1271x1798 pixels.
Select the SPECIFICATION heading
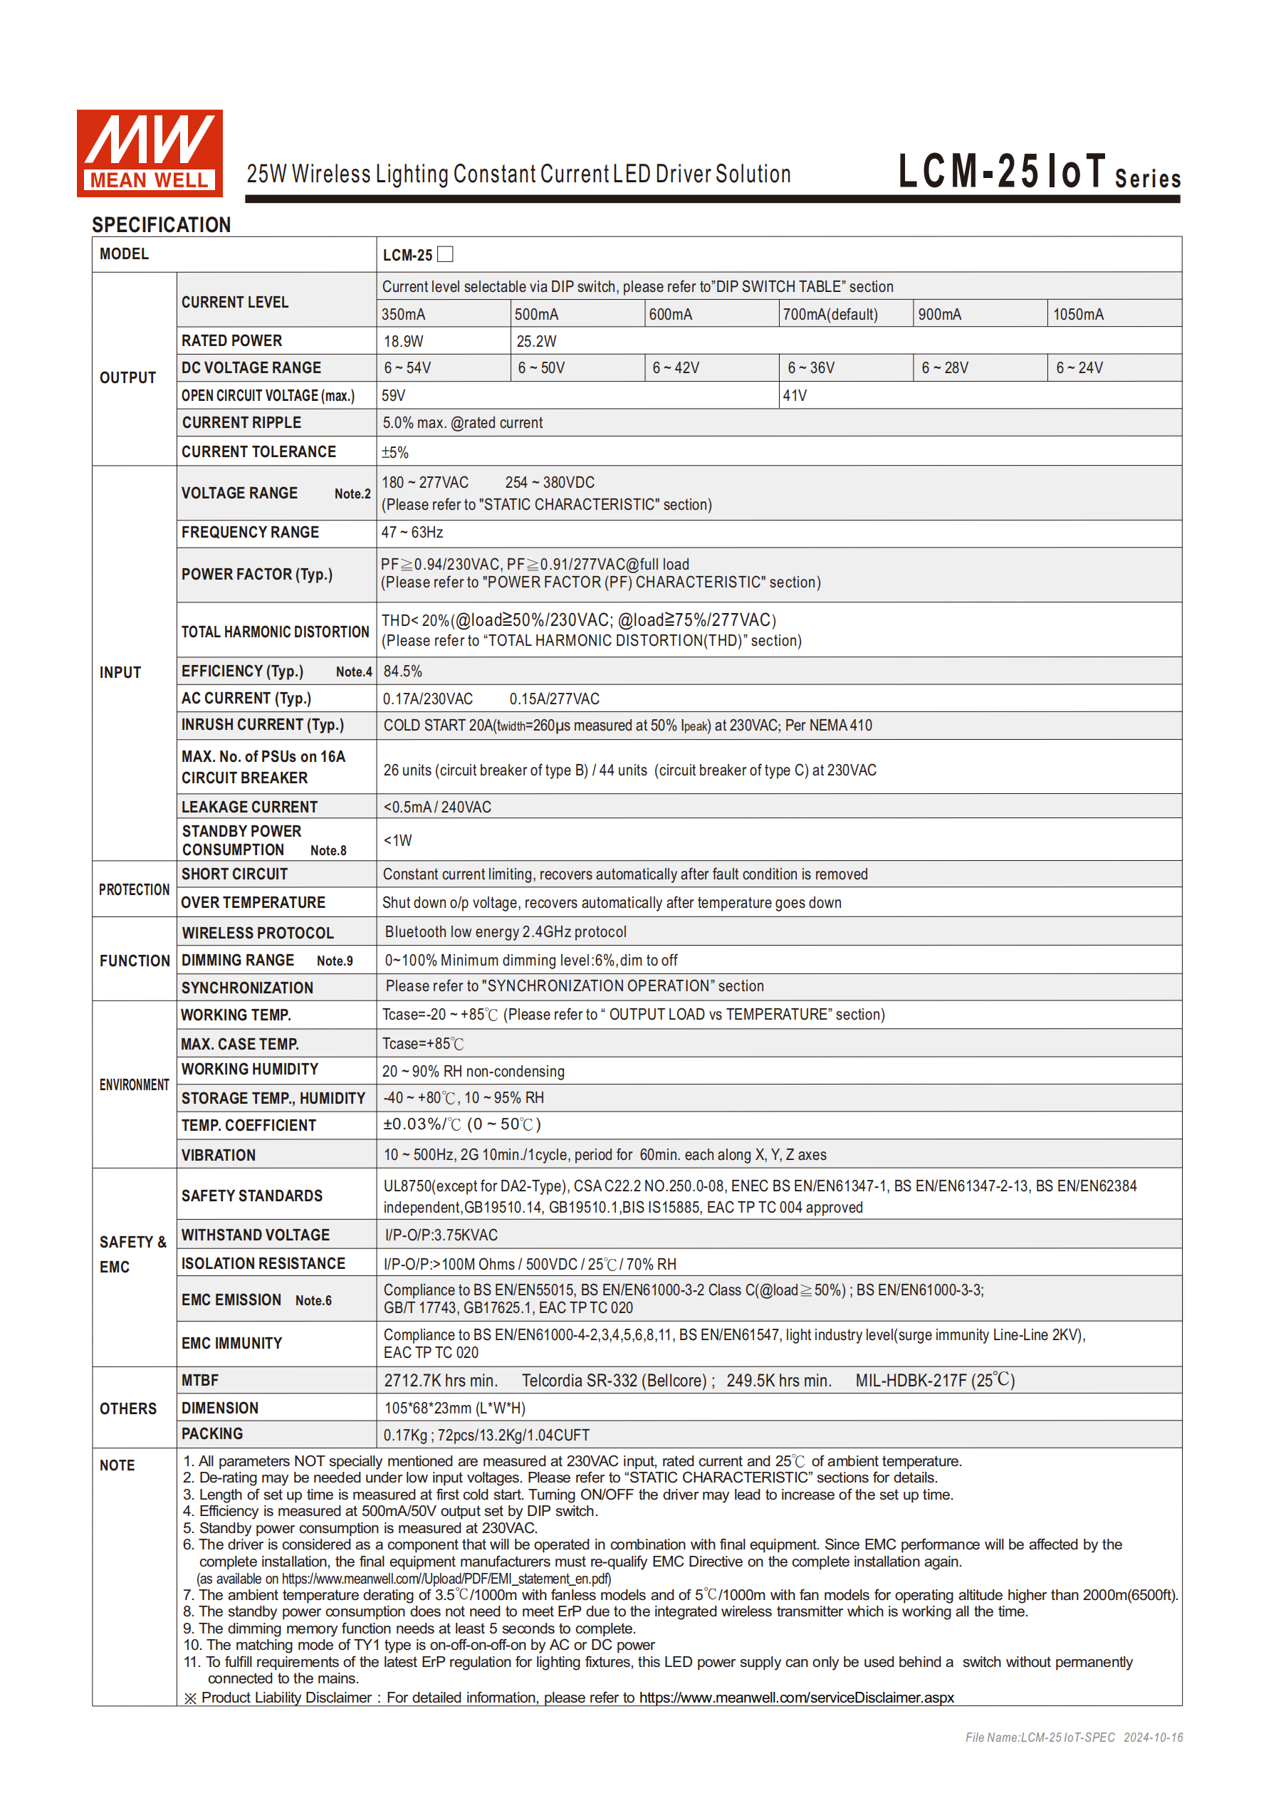pos(162,225)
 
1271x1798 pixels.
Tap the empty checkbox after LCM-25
pos(446,254)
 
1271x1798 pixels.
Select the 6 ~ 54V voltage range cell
pos(407,368)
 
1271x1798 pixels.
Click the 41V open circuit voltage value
pos(795,395)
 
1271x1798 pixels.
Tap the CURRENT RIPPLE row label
pos(241,423)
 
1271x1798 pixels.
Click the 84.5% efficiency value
pos(402,672)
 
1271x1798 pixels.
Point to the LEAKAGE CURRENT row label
pos(249,807)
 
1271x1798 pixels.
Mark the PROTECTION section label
pos(134,889)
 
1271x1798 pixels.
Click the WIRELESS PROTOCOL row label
pos(258,933)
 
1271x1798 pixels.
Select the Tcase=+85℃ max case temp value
pos(423,1044)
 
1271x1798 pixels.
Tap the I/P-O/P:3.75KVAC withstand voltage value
pos(441,1235)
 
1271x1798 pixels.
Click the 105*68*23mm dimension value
pos(454,1408)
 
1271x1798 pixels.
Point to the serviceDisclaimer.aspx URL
pos(797,1698)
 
